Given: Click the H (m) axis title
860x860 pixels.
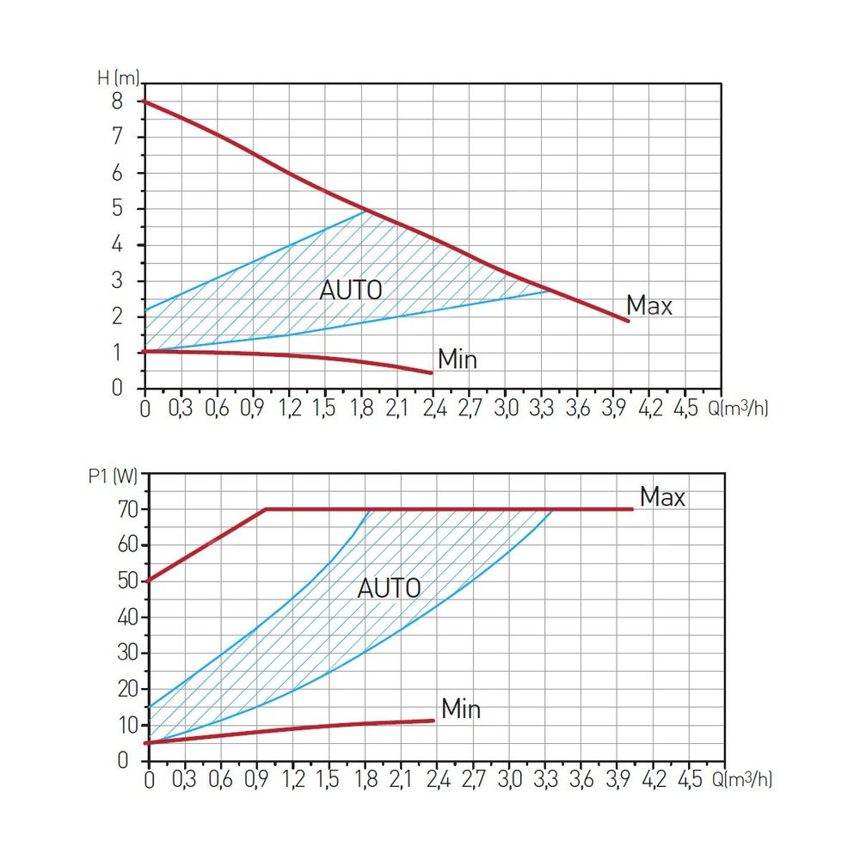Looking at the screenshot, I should (x=117, y=77).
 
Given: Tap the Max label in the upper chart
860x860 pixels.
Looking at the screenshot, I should (x=648, y=305).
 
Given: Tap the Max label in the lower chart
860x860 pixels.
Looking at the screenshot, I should (x=661, y=497).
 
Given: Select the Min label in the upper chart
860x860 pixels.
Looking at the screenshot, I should (x=457, y=359).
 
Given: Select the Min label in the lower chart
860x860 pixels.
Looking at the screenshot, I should (x=460, y=709).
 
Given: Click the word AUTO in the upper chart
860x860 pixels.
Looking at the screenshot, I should (x=350, y=290).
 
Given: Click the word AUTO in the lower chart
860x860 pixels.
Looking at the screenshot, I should (x=389, y=589).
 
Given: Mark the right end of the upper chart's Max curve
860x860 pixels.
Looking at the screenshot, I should (x=629, y=321).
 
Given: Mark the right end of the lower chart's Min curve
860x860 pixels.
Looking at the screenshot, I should (x=433, y=721).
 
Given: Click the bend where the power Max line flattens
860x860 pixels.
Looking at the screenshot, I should (x=266, y=509).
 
